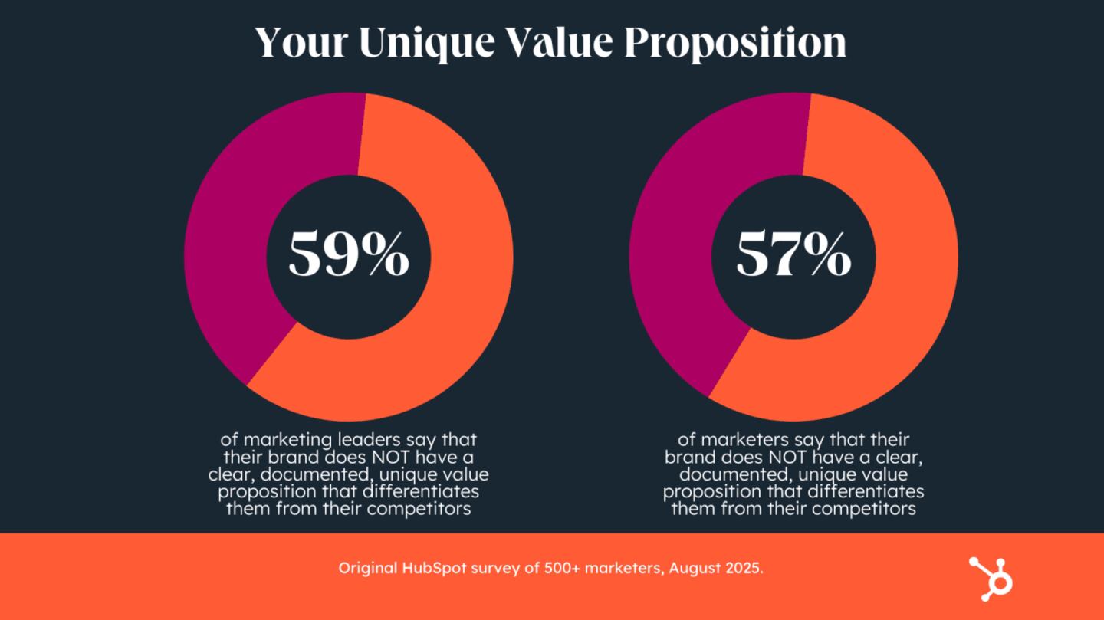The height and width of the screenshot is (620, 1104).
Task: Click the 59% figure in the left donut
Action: (x=349, y=255)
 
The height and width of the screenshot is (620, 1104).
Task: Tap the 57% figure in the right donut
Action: (x=793, y=255)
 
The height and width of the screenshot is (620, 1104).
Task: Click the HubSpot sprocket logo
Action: (x=991, y=577)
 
